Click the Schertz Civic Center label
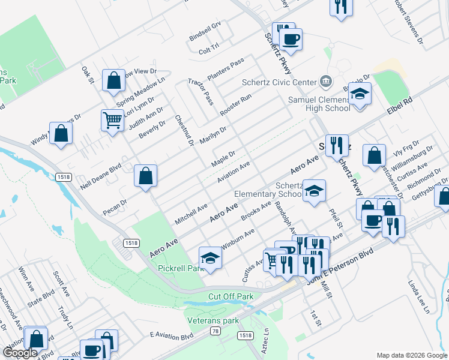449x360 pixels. click(x=279, y=82)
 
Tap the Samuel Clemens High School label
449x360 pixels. click(x=319, y=104)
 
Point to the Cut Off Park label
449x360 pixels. click(x=231, y=296)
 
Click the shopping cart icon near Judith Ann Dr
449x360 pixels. click(x=113, y=121)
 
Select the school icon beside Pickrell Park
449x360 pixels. click(x=210, y=258)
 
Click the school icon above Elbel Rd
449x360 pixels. click(x=360, y=95)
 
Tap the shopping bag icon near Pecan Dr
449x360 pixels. click(x=145, y=176)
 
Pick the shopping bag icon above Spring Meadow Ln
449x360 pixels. click(x=113, y=81)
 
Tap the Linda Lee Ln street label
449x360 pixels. click(x=420, y=296)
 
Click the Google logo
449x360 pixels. click(x=20, y=353)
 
